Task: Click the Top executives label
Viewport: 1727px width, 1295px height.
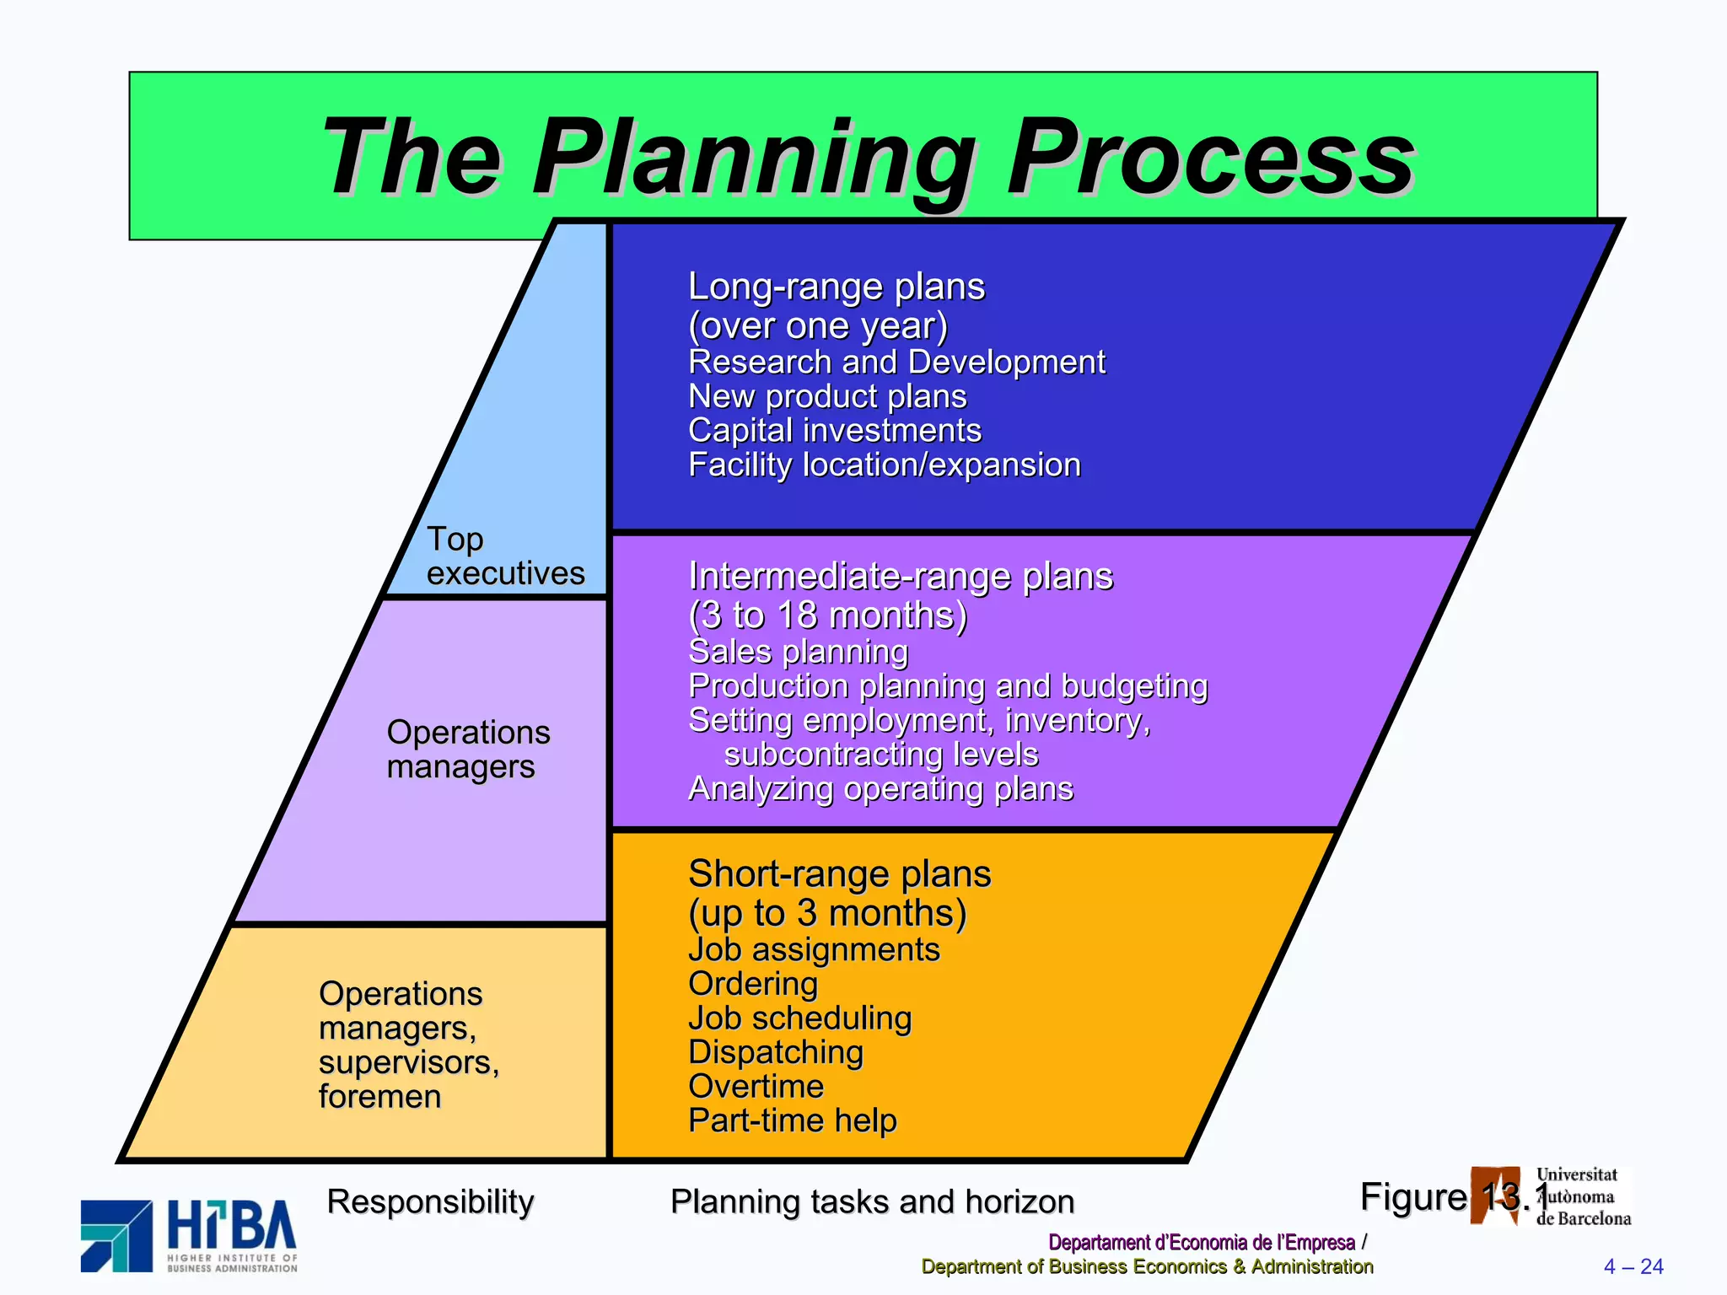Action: pos(504,556)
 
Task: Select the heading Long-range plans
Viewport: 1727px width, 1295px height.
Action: pos(836,287)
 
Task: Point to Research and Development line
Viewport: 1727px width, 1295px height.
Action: pos(896,362)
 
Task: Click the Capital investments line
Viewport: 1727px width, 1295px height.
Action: pos(834,430)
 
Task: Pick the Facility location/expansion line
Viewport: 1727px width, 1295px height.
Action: pos(884,465)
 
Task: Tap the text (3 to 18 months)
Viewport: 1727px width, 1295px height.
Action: pos(827,615)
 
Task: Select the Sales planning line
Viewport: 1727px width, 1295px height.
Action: pos(798,652)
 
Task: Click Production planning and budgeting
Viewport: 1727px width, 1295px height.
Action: pos(948,685)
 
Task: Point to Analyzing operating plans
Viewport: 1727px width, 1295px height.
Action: pos(880,788)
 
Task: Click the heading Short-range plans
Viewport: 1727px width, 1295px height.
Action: pos(839,873)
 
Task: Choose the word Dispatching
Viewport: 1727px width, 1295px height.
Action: pos(776,1052)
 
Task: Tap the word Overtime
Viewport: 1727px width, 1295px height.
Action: pos(756,1086)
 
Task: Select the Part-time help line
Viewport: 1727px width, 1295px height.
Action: pos(792,1120)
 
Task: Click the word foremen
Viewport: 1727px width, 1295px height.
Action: pos(379,1096)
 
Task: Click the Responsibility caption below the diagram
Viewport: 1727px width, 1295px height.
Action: pos(430,1201)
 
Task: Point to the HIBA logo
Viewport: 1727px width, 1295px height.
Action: pos(189,1235)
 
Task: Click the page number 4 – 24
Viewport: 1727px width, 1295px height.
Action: pos(1633,1266)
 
